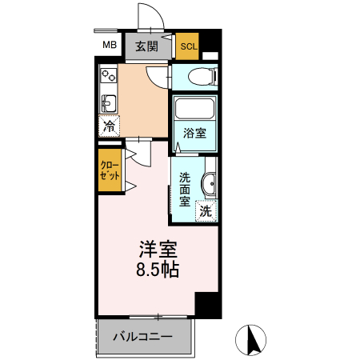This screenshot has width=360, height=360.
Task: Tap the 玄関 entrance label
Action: point(146,46)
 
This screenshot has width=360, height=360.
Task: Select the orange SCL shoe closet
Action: point(188,46)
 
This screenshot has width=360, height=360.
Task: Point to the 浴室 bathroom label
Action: point(195,133)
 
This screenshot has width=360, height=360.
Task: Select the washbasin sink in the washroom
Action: point(210,184)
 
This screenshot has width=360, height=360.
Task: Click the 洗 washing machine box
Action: point(206,212)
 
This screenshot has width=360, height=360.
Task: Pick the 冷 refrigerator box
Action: point(109,126)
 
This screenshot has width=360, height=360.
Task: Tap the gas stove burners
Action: point(107,78)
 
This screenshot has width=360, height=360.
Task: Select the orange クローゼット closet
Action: point(110,170)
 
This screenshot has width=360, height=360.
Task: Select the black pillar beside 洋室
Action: point(207,304)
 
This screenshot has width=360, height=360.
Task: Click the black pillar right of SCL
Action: point(210,42)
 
